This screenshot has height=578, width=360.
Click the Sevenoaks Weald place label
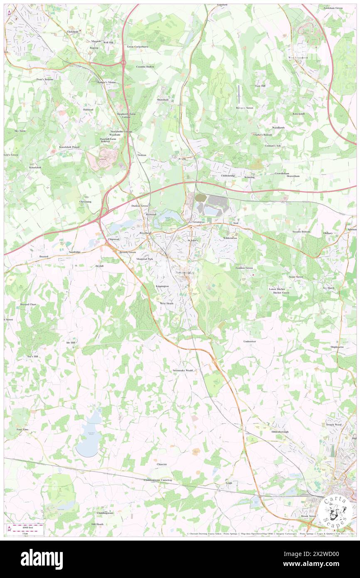click(183, 370)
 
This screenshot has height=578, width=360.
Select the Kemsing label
click(249, 177)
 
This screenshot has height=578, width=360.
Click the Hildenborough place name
click(281, 432)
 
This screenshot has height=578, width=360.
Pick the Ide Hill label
click(71, 342)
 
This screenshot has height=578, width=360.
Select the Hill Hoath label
click(97, 524)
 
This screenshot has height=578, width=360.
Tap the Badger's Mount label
click(106, 82)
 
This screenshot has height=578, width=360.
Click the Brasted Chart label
click(28, 304)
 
